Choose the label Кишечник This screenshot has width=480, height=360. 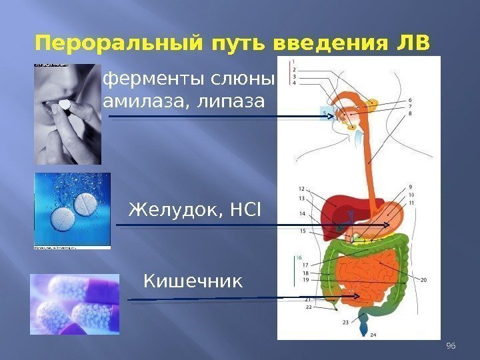point(194,283)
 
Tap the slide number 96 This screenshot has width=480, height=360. point(450,345)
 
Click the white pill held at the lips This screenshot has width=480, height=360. point(65,105)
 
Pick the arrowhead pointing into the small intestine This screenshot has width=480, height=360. point(357,296)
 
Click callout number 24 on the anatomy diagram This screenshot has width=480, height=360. point(373,335)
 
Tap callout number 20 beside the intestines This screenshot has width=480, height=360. point(424,280)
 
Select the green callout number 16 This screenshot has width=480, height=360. point(299,257)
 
